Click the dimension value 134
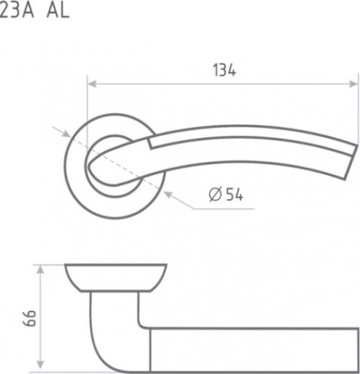(224, 70)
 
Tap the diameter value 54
(234, 194)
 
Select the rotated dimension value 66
(29, 318)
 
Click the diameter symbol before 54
(215, 194)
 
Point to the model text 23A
(17, 11)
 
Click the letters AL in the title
(58, 11)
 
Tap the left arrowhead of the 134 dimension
(91, 84)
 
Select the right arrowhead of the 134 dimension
(354, 84)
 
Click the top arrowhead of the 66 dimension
(40, 270)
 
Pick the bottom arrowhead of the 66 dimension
(40, 364)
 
